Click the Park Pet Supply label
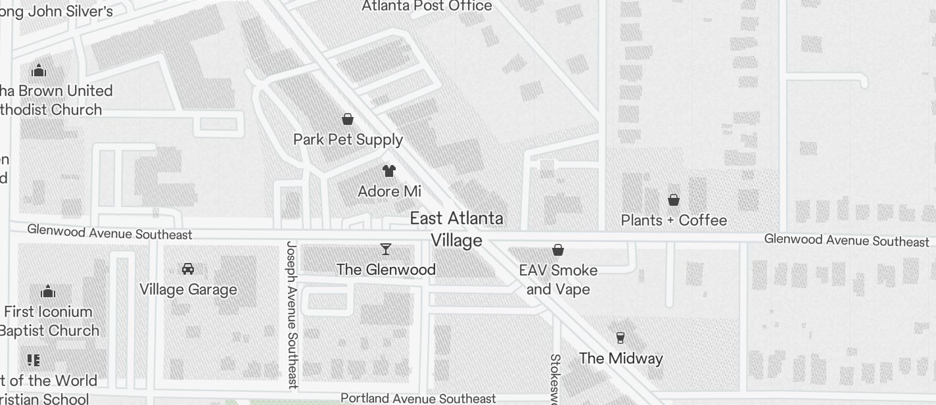(348, 139)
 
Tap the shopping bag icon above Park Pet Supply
(348, 119)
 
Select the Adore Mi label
(389, 191)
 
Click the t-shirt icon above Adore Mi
(389, 171)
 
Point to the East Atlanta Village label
(457, 229)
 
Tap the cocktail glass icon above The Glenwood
(386, 249)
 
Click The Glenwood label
(386, 270)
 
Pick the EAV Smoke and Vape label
(558, 279)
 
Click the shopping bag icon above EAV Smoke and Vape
(558, 250)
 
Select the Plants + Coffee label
(674, 220)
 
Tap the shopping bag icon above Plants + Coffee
(674, 200)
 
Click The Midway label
(620, 358)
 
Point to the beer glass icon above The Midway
(620, 338)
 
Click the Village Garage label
(188, 289)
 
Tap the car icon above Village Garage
(188, 269)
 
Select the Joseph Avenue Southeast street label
(292, 315)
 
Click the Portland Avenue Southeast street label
(418, 398)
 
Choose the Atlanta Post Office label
(427, 7)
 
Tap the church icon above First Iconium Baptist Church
(48, 291)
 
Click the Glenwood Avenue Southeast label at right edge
(847, 241)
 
